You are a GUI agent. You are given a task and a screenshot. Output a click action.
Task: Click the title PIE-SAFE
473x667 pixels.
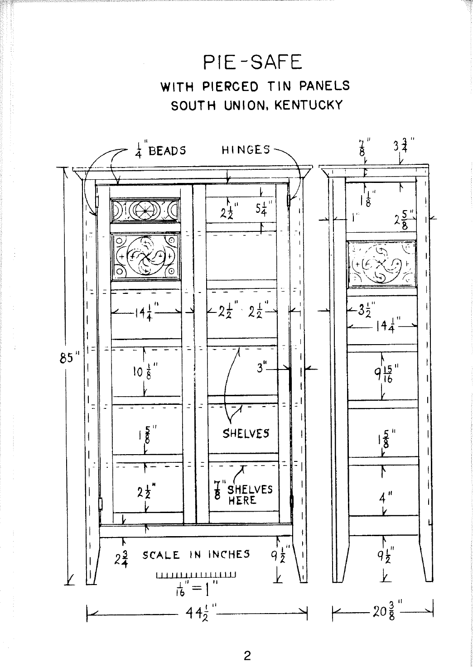(253, 62)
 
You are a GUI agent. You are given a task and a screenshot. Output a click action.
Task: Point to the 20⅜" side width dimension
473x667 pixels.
(386, 611)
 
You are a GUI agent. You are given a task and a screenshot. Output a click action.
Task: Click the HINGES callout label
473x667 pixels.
(246, 150)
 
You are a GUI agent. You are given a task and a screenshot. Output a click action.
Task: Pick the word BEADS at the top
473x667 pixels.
(167, 151)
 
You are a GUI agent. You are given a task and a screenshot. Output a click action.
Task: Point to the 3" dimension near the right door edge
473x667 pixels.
(262, 368)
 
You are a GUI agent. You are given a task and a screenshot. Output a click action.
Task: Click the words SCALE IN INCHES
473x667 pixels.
(196, 555)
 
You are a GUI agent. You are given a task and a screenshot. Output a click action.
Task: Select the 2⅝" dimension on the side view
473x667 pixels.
(405, 220)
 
